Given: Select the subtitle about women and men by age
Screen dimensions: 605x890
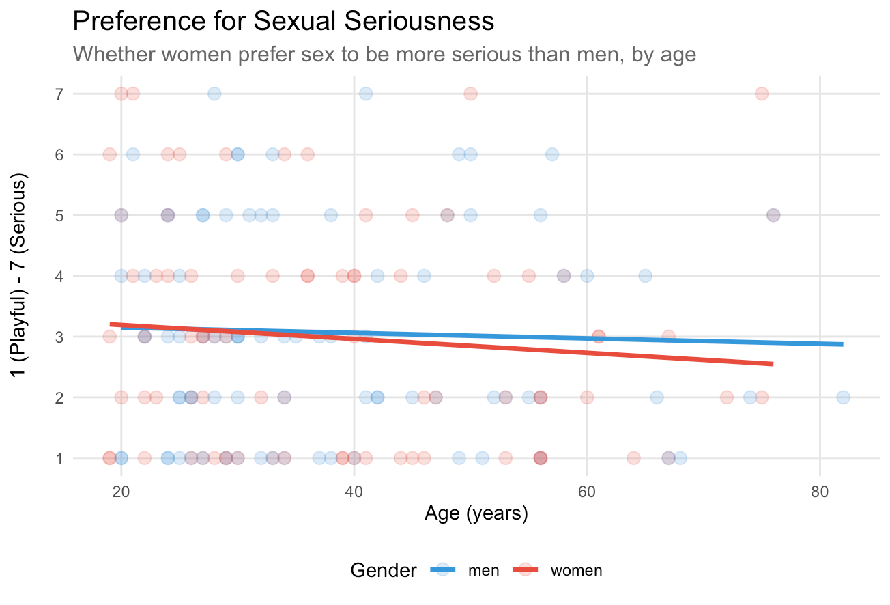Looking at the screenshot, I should coord(384,54).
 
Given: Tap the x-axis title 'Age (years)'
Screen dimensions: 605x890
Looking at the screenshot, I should coord(476,513).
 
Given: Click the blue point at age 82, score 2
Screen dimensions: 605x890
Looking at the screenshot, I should coord(843,397).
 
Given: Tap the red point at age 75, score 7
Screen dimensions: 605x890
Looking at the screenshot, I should coord(762,94).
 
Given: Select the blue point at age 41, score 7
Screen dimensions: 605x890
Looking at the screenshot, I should coord(366,94).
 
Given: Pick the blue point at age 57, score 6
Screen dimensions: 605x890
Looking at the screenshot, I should coord(552,154).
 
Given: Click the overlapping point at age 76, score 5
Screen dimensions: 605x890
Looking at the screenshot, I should coord(773,215).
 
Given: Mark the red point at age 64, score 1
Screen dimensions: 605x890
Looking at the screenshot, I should coord(633,458).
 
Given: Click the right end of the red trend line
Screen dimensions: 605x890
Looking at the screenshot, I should coord(772,364).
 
